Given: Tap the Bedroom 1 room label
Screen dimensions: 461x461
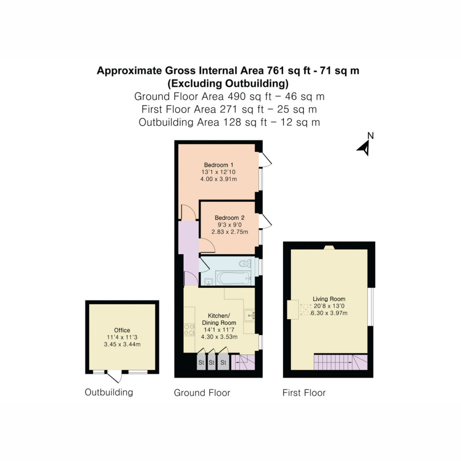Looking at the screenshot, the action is (x=218, y=165).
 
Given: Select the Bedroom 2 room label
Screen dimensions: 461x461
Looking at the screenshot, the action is (x=229, y=218).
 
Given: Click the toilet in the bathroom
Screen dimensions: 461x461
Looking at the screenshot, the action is (x=244, y=263).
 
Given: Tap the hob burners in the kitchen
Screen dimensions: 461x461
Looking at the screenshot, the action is (x=189, y=330).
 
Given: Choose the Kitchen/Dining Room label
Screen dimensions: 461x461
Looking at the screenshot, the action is (x=219, y=319).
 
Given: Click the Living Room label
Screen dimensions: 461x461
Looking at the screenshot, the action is (x=329, y=299).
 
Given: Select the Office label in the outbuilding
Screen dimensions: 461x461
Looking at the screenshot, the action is (x=122, y=330).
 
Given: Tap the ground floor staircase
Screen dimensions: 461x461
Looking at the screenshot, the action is (x=243, y=362).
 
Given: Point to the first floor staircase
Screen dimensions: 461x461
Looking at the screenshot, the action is (x=340, y=362).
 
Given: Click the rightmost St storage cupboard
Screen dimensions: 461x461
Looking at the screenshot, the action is (x=223, y=362).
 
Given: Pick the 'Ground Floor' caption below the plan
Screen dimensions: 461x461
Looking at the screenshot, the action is (x=202, y=393).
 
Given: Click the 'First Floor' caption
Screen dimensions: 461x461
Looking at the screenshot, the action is (x=304, y=393).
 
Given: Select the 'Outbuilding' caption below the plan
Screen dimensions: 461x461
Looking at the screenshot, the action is (x=109, y=392).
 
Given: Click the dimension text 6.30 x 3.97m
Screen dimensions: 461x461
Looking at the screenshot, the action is (x=329, y=313).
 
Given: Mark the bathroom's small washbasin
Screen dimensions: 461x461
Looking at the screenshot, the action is (x=208, y=282).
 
